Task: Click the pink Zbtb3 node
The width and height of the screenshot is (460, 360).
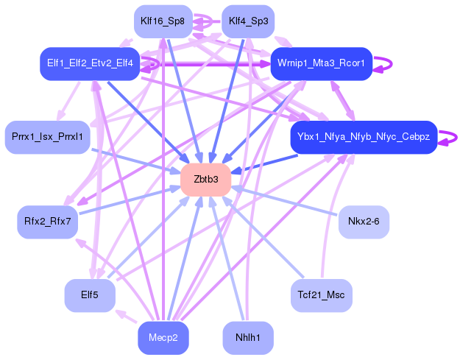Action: click(x=206, y=180)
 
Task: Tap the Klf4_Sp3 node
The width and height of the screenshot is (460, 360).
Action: click(x=248, y=21)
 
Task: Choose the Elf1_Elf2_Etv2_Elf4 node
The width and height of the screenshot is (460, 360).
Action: click(x=90, y=63)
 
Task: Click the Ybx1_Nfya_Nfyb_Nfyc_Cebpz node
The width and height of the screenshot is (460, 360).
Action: click(x=364, y=137)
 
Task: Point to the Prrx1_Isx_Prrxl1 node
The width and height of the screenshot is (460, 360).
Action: click(x=47, y=137)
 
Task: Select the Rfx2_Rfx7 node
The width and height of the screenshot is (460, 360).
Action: click(x=48, y=222)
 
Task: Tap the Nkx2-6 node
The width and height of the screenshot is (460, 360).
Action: click(x=364, y=222)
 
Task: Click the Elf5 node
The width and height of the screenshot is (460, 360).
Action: click(x=90, y=295)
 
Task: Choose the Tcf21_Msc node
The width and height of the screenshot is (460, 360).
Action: click(x=321, y=295)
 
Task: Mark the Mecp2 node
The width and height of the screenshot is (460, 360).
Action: click(x=163, y=339)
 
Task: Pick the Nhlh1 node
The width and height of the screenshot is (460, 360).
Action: click(x=248, y=339)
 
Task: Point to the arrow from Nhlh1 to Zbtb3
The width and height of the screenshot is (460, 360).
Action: click(x=227, y=258)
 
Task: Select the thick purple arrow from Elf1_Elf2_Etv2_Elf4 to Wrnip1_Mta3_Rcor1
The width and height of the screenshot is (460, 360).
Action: click(x=206, y=64)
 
